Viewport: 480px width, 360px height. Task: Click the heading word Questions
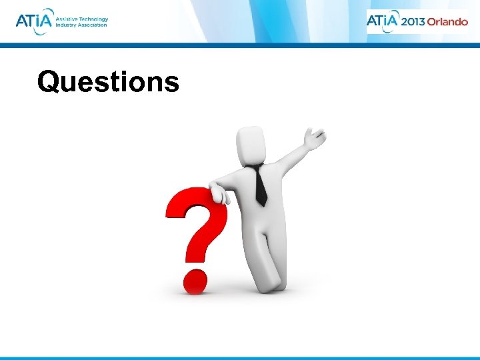click(108, 83)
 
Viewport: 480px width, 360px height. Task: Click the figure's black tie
click(259, 185)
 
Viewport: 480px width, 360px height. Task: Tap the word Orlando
click(447, 21)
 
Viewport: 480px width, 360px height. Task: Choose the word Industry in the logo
click(66, 25)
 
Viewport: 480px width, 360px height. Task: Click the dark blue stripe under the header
click(240, 46)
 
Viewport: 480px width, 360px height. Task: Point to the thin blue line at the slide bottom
click(240, 358)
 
